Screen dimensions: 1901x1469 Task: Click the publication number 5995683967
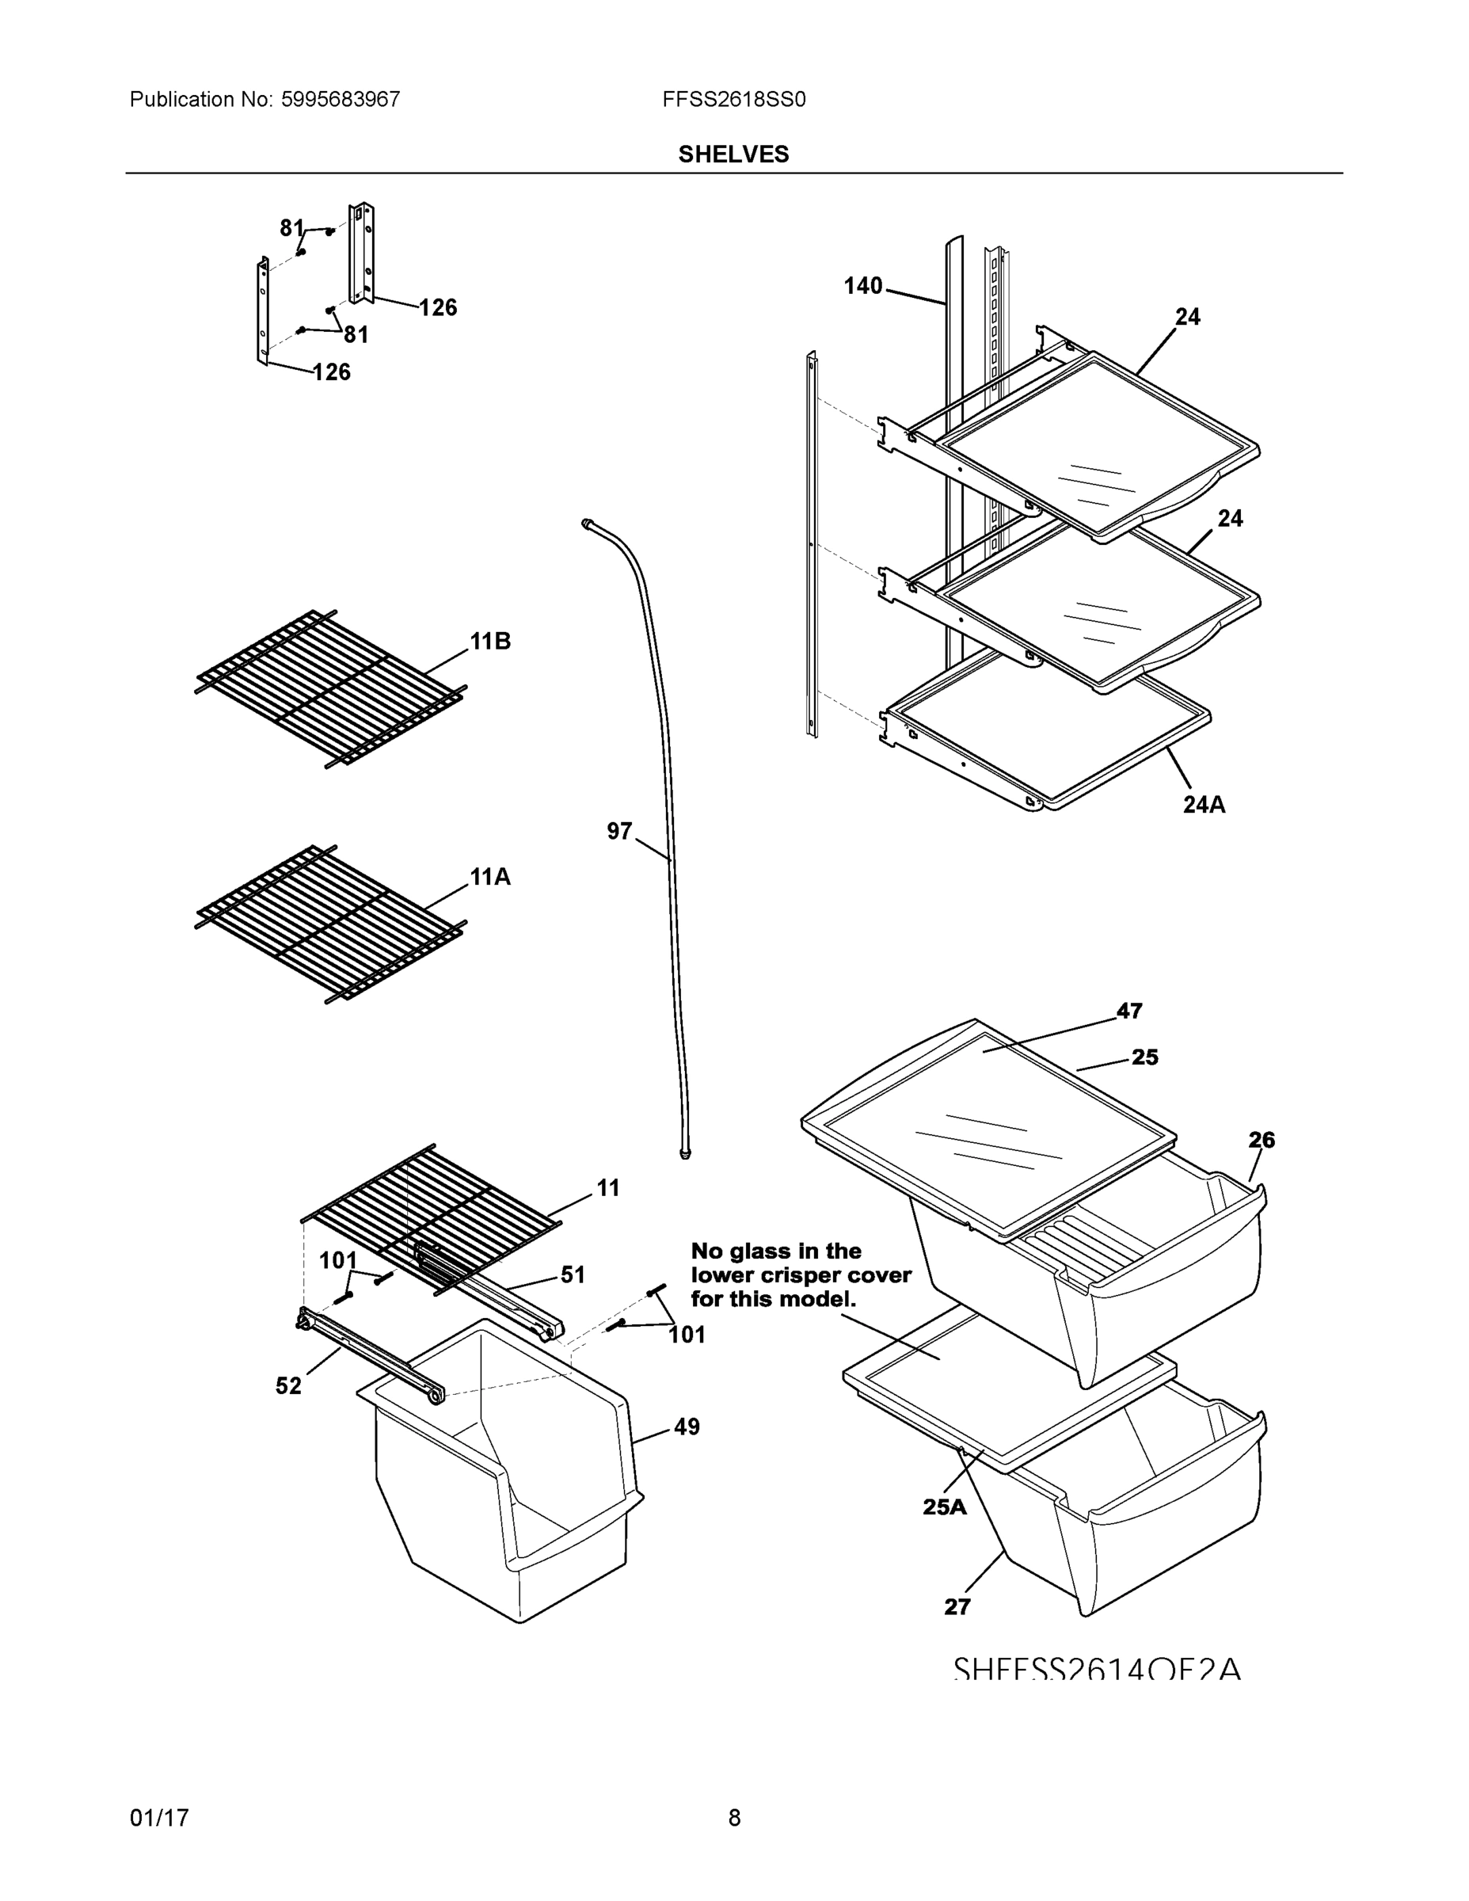pos(341,99)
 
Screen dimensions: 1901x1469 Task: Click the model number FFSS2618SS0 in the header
pos(733,99)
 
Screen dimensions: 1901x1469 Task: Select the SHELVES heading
pos(733,154)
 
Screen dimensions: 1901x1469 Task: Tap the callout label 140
pos(862,285)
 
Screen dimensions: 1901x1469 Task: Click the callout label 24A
pos(1204,804)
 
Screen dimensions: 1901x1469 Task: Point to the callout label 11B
pos(490,642)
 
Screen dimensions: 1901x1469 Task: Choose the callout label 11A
pos(490,877)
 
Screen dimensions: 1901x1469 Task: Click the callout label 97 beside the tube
pos(618,831)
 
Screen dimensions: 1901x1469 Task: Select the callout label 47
pos(1128,1011)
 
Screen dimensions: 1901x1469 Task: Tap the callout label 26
pos(1261,1139)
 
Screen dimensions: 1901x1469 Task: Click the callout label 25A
pos(944,1507)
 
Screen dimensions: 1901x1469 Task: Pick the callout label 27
pos(957,1607)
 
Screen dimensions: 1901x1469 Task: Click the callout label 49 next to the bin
pos(687,1427)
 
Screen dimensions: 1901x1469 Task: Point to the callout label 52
pos(288,1385)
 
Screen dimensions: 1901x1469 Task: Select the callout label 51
pos(572,1274)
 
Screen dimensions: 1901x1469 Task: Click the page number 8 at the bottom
pos(733,1818)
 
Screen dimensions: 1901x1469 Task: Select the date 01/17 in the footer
pos(159,1818)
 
